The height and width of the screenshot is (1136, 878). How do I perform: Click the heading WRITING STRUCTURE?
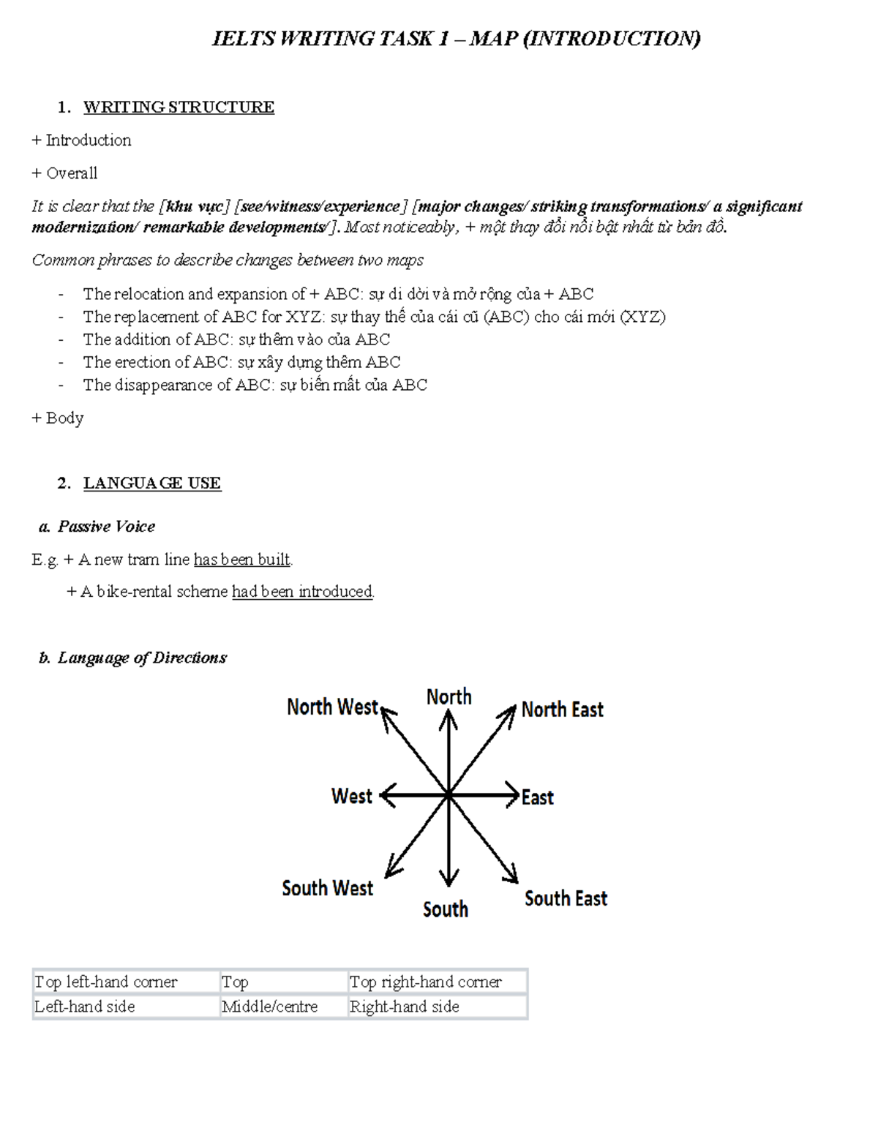(179, 108)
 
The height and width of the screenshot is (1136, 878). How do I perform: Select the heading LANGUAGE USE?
(151, 483)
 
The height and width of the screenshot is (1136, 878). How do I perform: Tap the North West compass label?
(332, 707)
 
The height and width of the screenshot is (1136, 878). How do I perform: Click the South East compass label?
(566, 898)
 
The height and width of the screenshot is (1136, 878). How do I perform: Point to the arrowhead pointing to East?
(513, 794)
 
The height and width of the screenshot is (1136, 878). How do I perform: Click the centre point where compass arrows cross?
(448, 794)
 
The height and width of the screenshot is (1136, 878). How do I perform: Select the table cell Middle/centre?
(270, 1007)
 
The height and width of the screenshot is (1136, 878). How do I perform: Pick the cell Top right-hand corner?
(425, 982)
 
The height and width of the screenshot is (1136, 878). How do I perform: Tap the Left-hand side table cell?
(85, 1007)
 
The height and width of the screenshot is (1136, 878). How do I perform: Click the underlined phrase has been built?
(241, 560)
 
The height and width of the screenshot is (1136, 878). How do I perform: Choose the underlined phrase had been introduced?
(302, 591)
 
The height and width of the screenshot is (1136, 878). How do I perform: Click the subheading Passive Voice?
(106, 527)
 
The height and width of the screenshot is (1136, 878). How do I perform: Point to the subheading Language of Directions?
(142, 658)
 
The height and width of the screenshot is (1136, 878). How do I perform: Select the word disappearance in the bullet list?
(163, 385)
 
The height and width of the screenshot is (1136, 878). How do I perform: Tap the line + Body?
(58, 418)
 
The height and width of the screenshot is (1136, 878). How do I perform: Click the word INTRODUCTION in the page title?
(612, 38)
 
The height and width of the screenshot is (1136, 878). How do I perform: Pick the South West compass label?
(327, 888)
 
